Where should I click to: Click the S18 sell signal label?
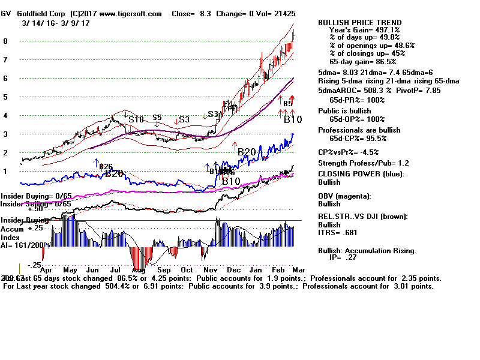136,119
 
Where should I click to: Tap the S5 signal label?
157,118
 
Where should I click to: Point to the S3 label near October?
184,119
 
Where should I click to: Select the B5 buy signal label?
288,104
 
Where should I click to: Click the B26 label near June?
106,166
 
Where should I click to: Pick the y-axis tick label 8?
5,41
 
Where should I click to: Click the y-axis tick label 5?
5,97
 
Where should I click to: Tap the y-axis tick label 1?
5,171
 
